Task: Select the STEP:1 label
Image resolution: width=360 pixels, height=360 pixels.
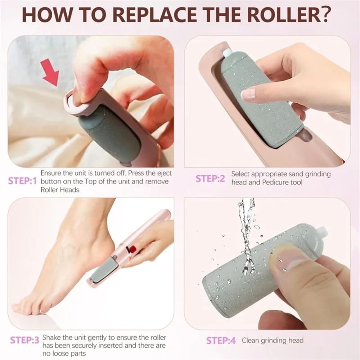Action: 22,181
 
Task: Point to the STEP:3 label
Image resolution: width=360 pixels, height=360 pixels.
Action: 24,340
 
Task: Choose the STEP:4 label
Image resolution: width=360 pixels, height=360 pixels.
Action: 221,340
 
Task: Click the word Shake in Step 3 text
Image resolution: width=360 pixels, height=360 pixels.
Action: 51,338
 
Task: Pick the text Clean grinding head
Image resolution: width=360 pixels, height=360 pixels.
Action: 273,340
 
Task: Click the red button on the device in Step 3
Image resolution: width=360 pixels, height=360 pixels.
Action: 132,249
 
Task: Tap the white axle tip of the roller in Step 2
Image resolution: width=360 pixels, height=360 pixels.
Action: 226,53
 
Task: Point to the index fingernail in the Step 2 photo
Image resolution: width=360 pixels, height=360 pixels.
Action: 249,94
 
